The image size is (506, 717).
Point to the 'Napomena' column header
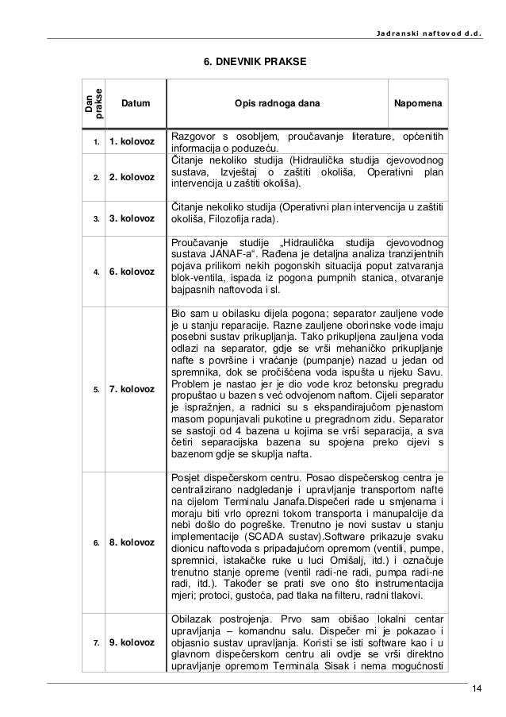pyautogui.click(x=418, y=104)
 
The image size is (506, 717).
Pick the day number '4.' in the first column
pyautogui.click(x=94, y=272)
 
